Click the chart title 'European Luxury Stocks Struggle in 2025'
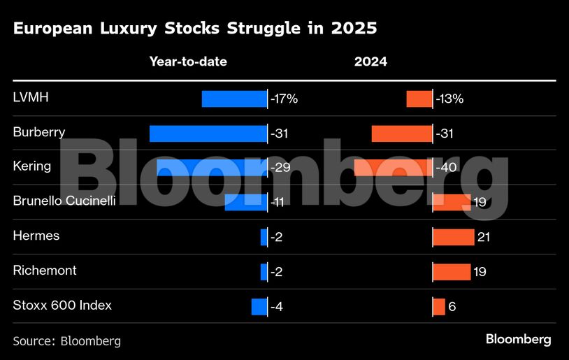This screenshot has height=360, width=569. click(x=195, y=29)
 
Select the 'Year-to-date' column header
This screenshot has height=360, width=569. click(x=188, y=62)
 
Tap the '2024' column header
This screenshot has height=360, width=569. click(x=370, y=62)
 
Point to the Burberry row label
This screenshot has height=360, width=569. click(x=39, y=132)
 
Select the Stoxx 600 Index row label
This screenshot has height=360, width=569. click(x=62, y=305)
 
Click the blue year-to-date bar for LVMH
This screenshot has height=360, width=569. click(x=234, y=99)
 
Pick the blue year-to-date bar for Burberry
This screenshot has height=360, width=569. click(x=208, y=134)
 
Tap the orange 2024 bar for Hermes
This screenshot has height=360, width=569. click(x=454, y=237)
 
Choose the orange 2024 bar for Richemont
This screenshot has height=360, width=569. click(x=452, y=271)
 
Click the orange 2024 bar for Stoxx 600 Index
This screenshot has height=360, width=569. click(x=439, y=306)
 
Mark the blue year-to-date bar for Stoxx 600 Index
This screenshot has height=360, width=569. click(x=259, y=306)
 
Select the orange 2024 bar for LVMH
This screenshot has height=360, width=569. click(x=419, y=99)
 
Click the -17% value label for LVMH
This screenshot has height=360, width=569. click(x=284, y=99)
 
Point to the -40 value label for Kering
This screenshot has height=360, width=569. click(x=447, y=168)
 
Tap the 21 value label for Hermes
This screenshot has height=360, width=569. click(x=484, y=237)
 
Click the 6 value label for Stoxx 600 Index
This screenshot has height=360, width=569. click(x=452, y=306)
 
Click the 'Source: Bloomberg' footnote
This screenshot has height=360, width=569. click(x=67, y=341)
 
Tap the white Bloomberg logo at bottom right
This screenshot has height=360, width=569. click(x=518, y=340)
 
